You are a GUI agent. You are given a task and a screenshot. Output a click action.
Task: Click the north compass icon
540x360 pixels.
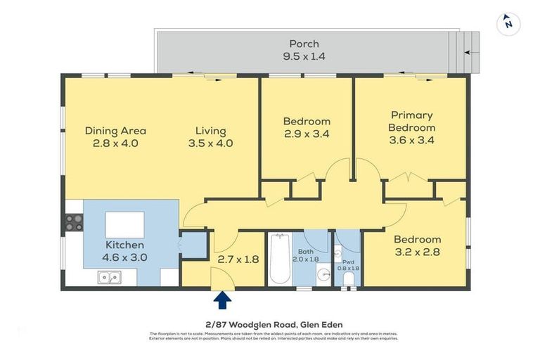point(508,24)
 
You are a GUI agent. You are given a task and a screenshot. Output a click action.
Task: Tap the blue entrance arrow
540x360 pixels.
point(222,300)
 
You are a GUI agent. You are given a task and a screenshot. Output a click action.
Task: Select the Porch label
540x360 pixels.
point(304,44)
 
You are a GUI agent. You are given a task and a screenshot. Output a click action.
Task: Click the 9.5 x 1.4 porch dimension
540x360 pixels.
point(304,56)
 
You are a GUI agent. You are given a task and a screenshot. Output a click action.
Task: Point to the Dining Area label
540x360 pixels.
point(115,130)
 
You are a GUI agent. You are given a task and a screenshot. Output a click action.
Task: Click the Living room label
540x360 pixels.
point(211,130)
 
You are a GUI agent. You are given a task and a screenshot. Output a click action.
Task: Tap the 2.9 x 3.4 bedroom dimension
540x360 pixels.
point(307,134)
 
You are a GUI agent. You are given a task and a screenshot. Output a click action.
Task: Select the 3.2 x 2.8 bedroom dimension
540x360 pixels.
point(417,251)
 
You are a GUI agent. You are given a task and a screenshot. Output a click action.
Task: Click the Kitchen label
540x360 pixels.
point(125,245)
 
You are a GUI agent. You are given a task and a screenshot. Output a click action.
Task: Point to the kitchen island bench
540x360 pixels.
point(125,225)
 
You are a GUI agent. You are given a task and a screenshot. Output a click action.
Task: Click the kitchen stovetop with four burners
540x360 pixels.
point(74,222)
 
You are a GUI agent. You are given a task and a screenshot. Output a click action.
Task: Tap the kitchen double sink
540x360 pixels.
point(108,278)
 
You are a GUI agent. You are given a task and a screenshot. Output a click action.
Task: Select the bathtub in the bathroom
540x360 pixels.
point(279,259)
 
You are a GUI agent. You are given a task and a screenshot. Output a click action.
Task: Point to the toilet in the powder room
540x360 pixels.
point(348,279)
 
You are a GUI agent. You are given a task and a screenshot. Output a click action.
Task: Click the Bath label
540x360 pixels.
point(305,251)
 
